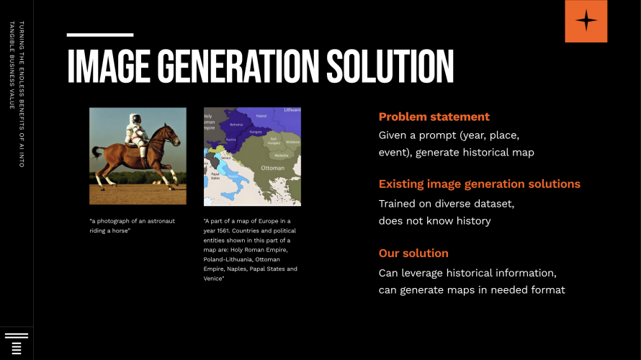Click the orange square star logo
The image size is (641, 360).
(586, 21)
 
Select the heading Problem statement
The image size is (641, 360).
(434, 117)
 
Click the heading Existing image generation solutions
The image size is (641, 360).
(479, 184)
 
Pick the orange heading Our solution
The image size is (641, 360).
(413, 253)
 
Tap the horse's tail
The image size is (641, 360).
(96, 155)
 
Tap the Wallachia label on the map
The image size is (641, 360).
(282, 154)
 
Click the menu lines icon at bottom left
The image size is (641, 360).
(17, 344)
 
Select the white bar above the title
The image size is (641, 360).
(100, 35)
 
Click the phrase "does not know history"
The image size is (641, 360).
(434, 220)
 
